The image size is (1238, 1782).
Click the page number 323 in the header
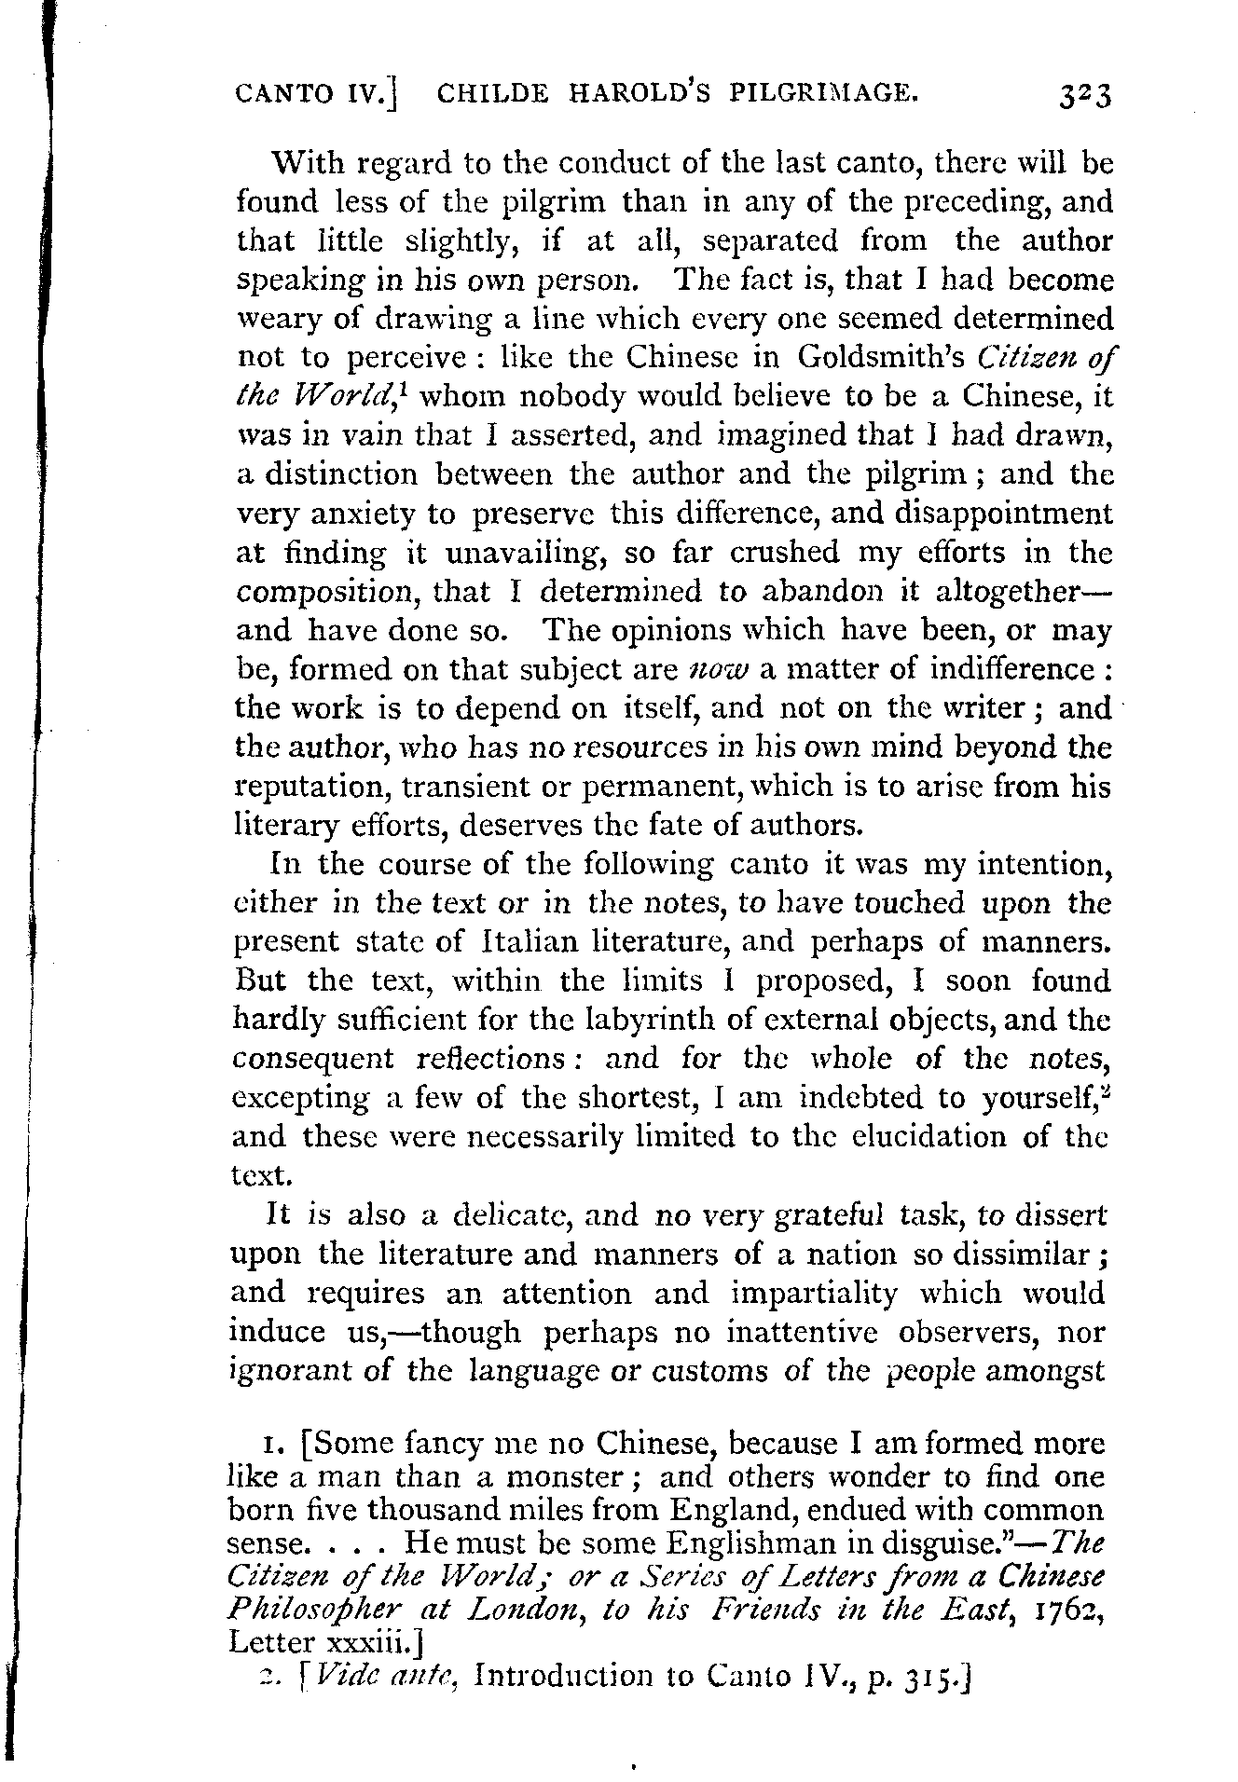pyautogui.click(x=1084, y=97)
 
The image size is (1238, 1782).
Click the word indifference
pyautogui.click(x=1005, y=669)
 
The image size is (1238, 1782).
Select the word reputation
pyautogui.click(x=311, y=788)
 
